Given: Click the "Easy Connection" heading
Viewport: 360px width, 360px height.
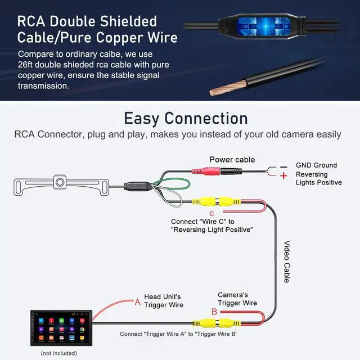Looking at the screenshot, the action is (x=186, y=118).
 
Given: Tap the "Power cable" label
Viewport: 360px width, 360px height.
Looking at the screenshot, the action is (x=232, y=160).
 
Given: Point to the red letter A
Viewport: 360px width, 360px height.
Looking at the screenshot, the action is (x=137, y=302).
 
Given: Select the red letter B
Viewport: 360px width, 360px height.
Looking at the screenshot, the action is (x=214, y=312).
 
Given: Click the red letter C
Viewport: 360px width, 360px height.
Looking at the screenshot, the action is (x=211, y=213).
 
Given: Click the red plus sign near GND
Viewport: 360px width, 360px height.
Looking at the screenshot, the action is (x=283, y=175).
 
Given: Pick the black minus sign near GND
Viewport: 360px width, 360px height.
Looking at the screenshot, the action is (x=283, y=166).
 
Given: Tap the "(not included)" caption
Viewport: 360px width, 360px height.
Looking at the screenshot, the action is (x=58, y=353).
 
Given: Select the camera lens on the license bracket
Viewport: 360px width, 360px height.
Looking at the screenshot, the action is (x=58, y=181).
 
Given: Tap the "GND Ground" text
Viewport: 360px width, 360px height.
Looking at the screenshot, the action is (x=316, y=165).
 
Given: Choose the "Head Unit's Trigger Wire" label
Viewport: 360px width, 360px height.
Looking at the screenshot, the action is (x=164, y=301).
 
